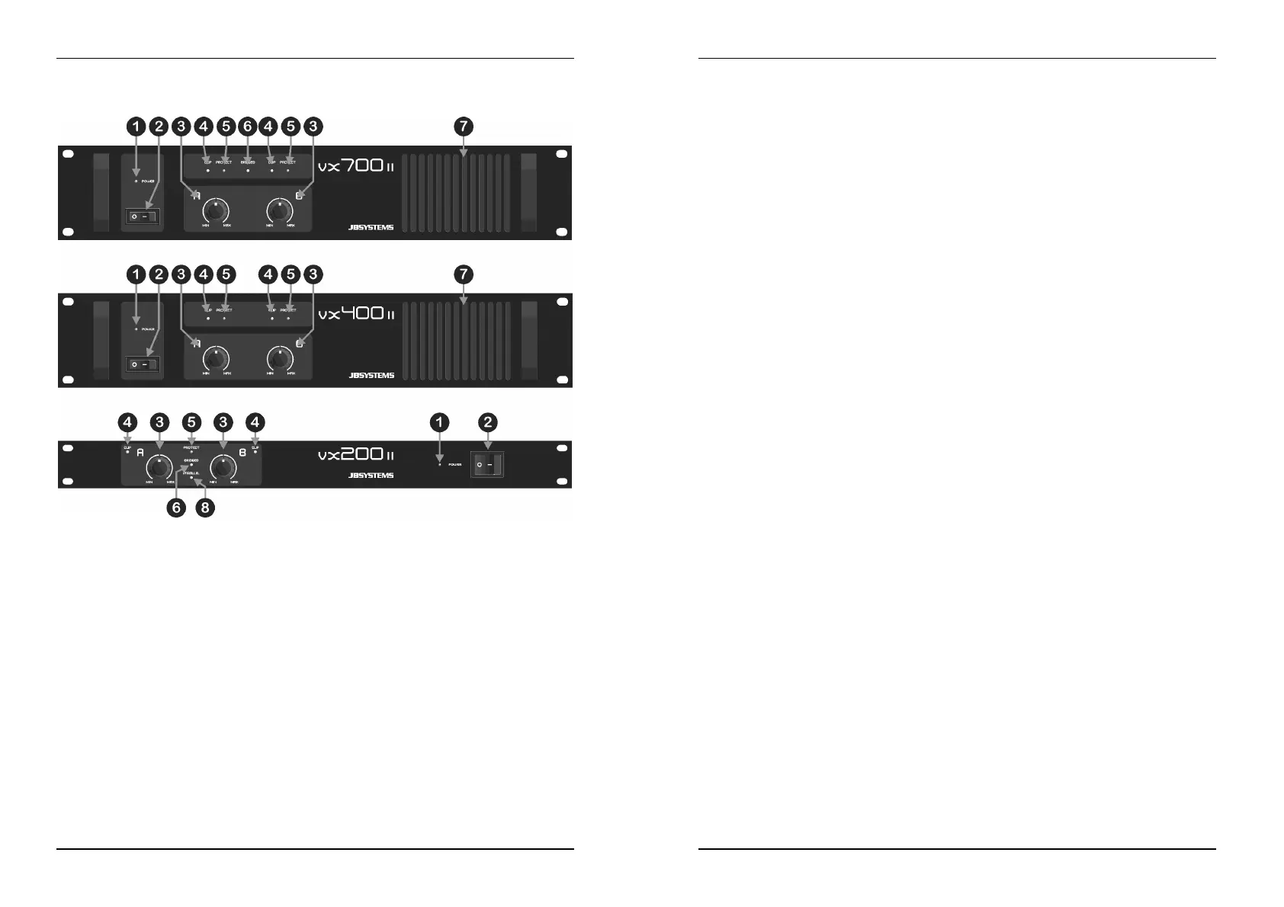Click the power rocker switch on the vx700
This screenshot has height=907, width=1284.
(143, 217)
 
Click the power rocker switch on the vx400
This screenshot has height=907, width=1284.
(143, 365)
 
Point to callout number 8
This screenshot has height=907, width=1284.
(205, 508)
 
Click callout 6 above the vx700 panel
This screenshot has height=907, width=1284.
(246, 127)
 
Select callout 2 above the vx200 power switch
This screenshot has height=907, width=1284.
(489, 421)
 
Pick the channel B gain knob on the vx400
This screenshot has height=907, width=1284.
(281, 358)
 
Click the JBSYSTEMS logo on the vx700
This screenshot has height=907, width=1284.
(371, 227)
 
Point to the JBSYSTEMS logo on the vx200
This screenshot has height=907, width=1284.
(371, 475)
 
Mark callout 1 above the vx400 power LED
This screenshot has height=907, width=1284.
(136, 274)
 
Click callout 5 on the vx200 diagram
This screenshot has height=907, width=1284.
(191, 421)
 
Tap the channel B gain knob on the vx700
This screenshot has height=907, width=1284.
(281, 210)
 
